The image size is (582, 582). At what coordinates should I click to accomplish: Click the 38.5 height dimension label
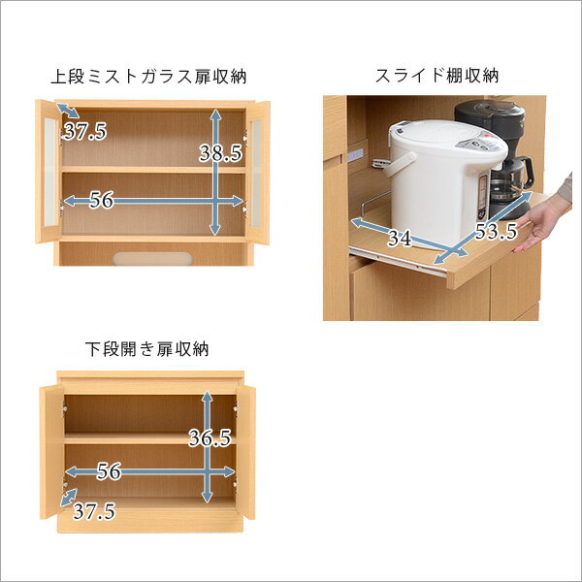pyautogui.click(x=220, y=153)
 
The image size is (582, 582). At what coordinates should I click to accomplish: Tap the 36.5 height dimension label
pyautogui.click(x=210, y=437)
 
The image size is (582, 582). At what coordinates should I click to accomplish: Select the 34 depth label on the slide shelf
pyautogui.click(x=400, y=238)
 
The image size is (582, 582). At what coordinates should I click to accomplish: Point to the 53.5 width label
pyautogui.click(x=497, y=231)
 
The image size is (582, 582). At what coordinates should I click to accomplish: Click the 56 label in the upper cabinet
pyautogui.click(x=101, y=201)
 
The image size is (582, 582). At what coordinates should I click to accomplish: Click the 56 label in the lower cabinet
pyautogui.click(x=109, y=471)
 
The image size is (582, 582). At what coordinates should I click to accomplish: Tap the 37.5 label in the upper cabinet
pyautogui.click(x=85, y=131)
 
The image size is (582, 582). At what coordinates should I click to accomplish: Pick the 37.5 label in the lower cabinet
pyautogui.click(x=94, y=511)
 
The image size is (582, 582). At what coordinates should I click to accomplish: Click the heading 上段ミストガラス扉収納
pyautogui.click(x=148, y=77)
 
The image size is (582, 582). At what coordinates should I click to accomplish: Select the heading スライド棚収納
pyautogui.click(x=436, y=76)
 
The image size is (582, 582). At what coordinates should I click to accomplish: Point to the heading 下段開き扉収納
pyautogui.click(x=147, y=349)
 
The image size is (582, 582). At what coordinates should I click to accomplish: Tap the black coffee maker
pyautogui.click(x=498, y=156)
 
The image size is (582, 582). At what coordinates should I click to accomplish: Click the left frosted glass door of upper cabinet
pyautogui.click(x=48, y=172)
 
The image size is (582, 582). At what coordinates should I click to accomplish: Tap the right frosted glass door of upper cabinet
pyautogui.click(x=257, y=173)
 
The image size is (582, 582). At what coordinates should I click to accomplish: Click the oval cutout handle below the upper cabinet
pyautogui.click(x=152, y=259)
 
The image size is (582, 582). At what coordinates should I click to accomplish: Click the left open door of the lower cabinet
pyautogui.click(x=52, y=452)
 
